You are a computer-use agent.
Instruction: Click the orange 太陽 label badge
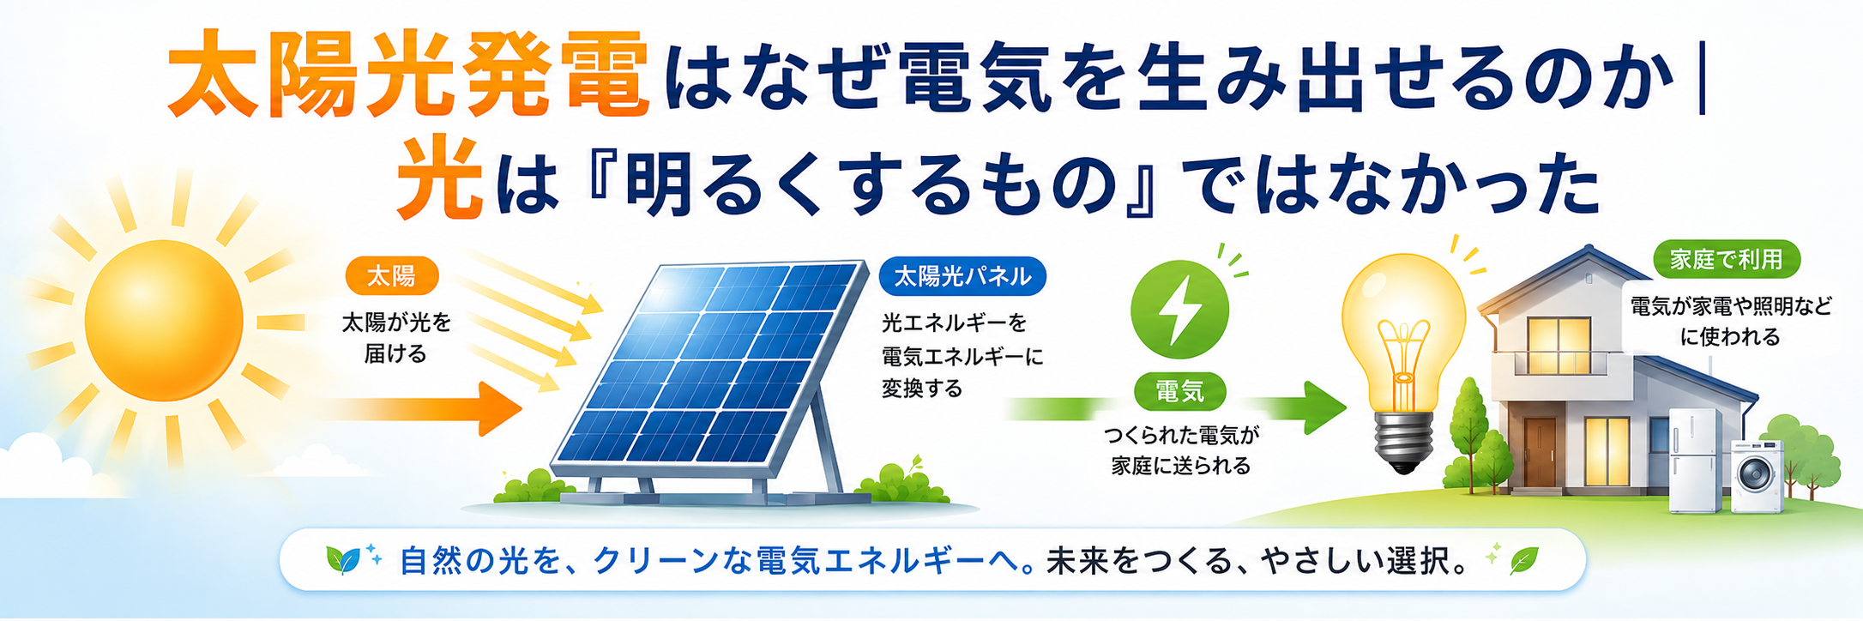392,276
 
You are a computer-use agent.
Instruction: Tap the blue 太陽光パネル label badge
962,276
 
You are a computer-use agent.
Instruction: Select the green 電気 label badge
1179,392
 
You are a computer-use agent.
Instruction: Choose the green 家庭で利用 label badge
1726,259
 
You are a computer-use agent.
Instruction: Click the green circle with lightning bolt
1179,310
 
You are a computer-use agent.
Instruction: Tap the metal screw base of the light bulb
1403,442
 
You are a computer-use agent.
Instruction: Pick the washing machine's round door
1757,473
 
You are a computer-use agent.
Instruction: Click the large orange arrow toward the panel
420,408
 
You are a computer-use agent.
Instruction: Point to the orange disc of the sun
164,320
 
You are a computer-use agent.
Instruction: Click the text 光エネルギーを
954,323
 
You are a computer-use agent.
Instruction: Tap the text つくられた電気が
1181,436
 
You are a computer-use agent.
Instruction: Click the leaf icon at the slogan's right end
1524,561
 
